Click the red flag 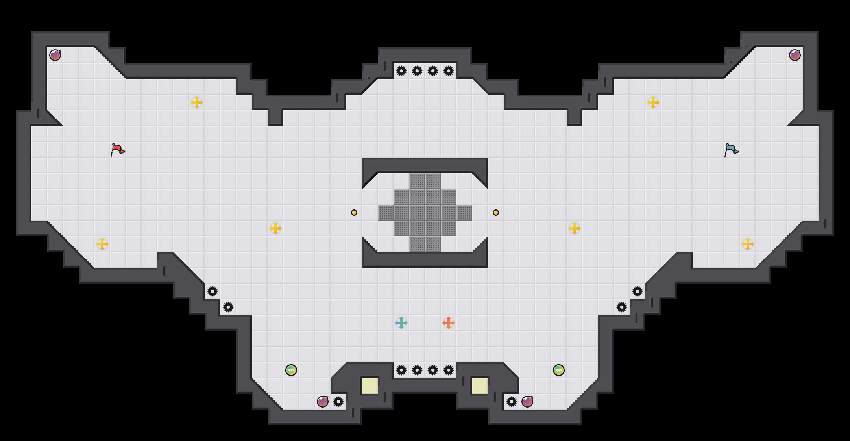117,150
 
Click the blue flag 731,150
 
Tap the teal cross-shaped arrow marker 401,323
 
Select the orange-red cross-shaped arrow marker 449,323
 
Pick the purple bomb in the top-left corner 55,55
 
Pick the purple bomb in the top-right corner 795,55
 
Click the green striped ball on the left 291,370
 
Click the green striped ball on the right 559,370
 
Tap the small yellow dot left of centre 354,213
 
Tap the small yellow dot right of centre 496,213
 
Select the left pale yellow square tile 370,386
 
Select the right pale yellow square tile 480,386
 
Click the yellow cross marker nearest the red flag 197,102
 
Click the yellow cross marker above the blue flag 653,102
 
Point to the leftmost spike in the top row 401,71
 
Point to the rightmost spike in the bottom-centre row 449,370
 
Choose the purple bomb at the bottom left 323,402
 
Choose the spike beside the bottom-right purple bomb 512,402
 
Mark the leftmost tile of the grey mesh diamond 386,213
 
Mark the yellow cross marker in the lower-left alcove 102,244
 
